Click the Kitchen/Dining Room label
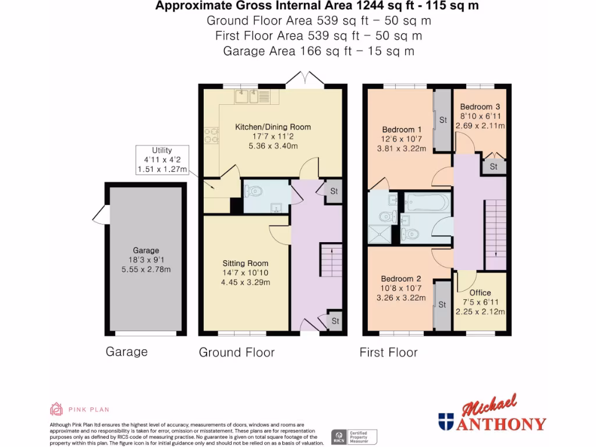(x=272, y=127)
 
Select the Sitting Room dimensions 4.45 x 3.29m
(x=246, y=283)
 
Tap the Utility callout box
(x=162, y=160)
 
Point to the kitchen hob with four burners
(x=211, y=136)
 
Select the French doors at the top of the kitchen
(x=305, y=80)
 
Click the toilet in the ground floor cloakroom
(x=254, y=190)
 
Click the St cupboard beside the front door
(x=335, y=321)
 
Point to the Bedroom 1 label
(x=402, y=129)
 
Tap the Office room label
(x=480, y=293)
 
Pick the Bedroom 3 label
(x=480, y=107)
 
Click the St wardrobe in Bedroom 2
(x=441, y=304)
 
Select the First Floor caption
(x=388, y=352)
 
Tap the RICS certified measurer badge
(x=354, y=436)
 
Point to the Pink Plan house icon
(x=56, y=409)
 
